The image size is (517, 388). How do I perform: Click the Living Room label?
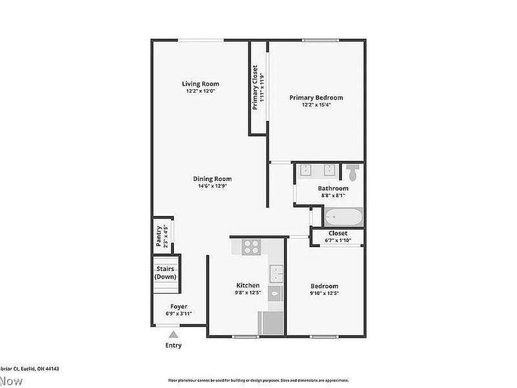(200, 83)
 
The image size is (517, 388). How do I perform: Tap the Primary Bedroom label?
(316, 98)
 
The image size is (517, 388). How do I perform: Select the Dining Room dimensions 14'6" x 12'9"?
(213, 186)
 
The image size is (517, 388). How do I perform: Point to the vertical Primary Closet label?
(255, 87)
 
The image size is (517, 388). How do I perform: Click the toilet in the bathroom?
(352, 173)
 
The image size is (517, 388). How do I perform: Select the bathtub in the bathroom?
(344, 217)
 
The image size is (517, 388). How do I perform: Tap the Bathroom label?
(333, 189)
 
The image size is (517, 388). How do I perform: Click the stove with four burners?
(251, 246)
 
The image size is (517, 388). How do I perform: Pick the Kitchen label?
(248, 285)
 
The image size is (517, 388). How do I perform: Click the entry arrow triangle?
(173, 334)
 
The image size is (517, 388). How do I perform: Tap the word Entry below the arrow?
(173, 345)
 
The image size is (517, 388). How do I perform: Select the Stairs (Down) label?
(165, 273)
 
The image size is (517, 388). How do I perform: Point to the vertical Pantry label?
(159, 235)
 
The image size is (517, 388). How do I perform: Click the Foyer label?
(178, 307)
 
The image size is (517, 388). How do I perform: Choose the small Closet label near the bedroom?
(337, 233)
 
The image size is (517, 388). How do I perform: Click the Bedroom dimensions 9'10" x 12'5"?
(324, 293)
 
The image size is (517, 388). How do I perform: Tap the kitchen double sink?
(277, 274)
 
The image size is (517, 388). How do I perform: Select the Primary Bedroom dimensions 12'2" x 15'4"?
(316, 105)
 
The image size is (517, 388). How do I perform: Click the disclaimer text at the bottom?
(258, 380)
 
